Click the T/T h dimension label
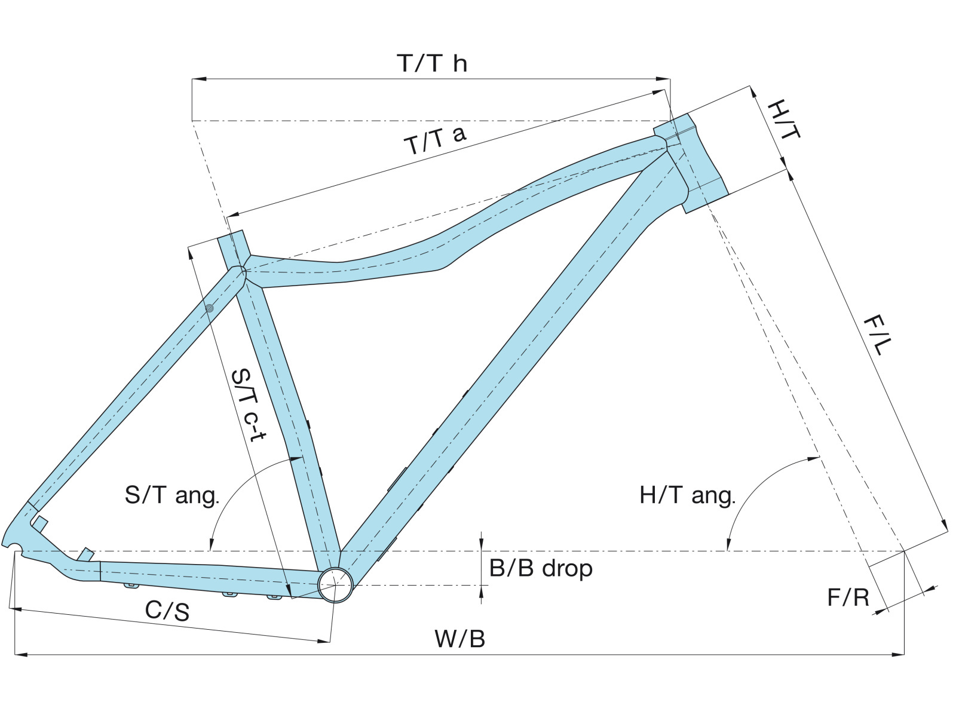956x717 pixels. tap(431, 63)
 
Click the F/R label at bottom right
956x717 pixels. tap(848, 597)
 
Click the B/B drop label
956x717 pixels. tap(541, 568)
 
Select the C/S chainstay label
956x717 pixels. tap(167, 611)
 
